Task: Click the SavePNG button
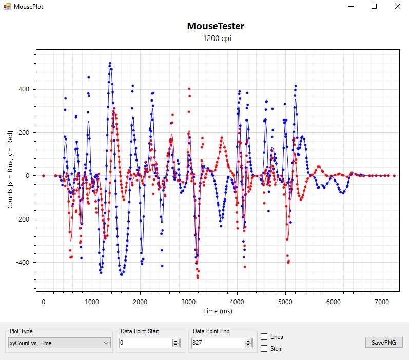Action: click(x=384, y=343)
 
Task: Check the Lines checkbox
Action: click(x=264, y=337)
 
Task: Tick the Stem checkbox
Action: click(x=264, y=349)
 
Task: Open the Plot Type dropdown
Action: click(x=60, y=343)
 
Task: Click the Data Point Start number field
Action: click(x=145, y=343)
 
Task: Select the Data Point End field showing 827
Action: click(x=217, y=343)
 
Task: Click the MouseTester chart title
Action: click(x=216, y=26)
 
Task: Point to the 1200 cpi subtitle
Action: click(x=216, y=38)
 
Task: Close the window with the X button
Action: click(x=398, y=6)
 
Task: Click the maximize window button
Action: click(x=374, y=6)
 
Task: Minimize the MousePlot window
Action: click(x=351, y=6)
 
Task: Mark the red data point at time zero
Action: click(x=44, y=176)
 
